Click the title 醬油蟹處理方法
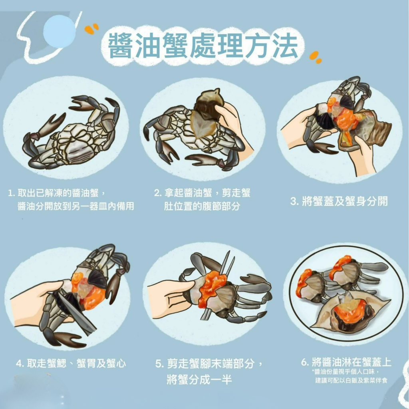[x=203, y=46]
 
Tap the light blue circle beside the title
[x=60, y=31]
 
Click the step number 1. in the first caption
[x=12, y=193]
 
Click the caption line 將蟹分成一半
[x=199, y=379]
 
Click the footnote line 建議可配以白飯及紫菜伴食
[x=351, y=380]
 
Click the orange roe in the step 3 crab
[x=345, y=120]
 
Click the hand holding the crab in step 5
[x=171, y=297]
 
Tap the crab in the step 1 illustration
[x=70, y=133]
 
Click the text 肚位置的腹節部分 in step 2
[x=202, y=206]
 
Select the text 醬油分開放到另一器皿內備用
[x=75, y=206]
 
